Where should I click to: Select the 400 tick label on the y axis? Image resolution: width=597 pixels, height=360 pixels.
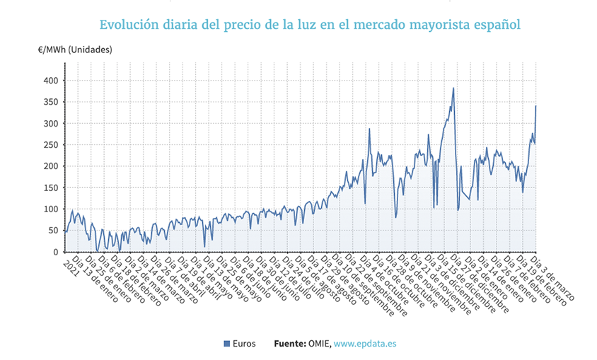point(51,81)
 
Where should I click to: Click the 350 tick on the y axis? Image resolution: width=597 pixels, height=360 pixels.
point(51,102)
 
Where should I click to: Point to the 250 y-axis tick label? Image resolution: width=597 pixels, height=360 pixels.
point(51,145)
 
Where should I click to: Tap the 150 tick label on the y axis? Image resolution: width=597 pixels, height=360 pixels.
point(51,187)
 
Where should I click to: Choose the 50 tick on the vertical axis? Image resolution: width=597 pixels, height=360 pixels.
point(53,231)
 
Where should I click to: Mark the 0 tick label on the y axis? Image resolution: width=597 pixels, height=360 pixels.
point(56,252)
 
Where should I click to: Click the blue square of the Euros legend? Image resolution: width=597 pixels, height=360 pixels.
point(227,344)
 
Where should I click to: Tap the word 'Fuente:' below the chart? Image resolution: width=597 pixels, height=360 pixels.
point(289,344)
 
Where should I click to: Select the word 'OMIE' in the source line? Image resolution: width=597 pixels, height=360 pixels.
point(318,344)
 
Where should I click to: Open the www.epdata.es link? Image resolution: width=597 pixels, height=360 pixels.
point(365,344)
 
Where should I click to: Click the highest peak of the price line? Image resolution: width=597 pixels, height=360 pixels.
point(453,88)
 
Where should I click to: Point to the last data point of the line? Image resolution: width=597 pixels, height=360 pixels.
point(536,106)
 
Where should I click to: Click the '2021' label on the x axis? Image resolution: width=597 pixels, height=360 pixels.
point(71,264)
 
